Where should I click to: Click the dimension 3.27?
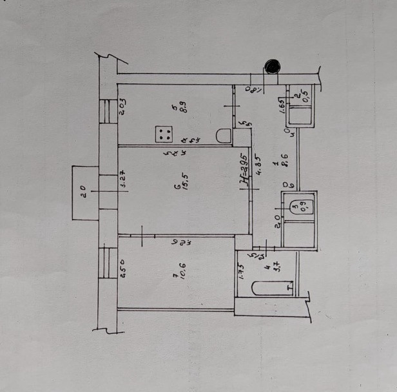coord(122,179)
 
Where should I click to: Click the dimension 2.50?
coord(122,267)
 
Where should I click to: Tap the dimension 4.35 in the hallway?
coord(259,167)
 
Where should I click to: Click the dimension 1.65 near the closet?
coord(283,105)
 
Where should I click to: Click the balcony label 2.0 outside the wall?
coord(82,192)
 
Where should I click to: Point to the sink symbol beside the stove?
coord(223,136)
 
